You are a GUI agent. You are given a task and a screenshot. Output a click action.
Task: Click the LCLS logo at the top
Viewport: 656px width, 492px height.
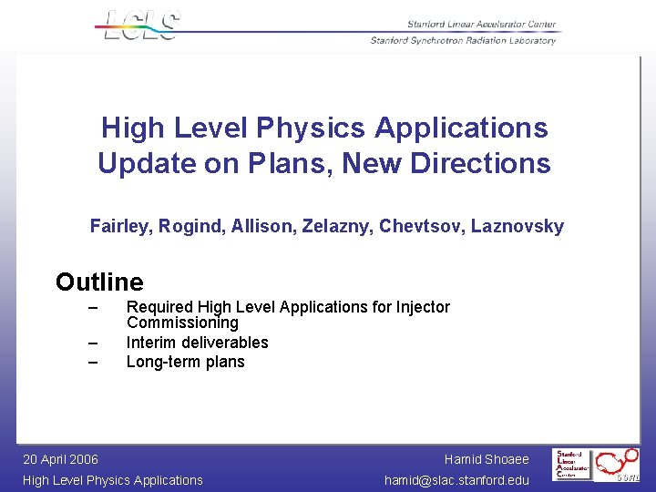pos(142,25)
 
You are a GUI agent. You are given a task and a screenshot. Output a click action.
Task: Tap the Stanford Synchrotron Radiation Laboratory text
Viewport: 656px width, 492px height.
pos(463,40)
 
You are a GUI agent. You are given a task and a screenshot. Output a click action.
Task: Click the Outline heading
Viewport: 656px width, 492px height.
pos(99,282)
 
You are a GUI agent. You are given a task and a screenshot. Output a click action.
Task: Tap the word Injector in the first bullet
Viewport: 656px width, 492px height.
pos(421,307)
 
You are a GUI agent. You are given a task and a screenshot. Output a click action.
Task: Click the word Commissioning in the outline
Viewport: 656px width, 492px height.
pos(182,323)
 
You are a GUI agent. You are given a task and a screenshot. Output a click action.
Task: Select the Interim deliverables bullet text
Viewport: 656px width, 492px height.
pos(197,343)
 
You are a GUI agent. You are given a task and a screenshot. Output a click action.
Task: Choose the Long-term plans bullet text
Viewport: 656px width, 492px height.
pos(185,362)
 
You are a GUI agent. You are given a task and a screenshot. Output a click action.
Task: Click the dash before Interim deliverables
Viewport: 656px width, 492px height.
pos(92,343)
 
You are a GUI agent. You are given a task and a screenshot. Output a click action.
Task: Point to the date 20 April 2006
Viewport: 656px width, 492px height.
pos(60,459)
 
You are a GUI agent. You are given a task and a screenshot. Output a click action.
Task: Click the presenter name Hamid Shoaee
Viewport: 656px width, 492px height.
pos(487,459)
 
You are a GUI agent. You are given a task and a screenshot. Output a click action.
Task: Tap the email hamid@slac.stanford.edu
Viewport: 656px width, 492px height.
pos(456,480)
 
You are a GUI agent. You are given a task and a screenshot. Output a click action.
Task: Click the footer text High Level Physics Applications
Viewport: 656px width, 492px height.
pos(113,480)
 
